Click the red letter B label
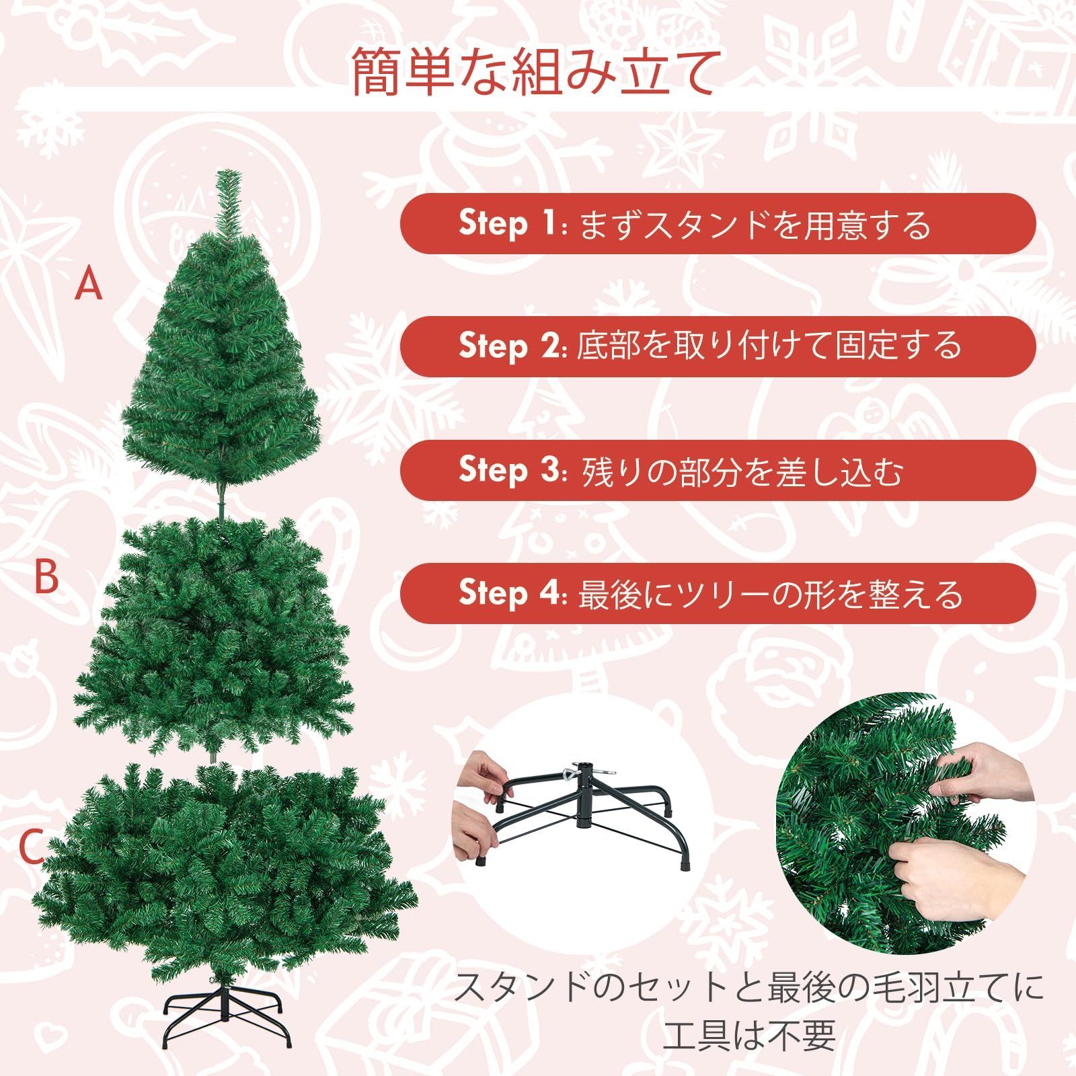coord(46,576)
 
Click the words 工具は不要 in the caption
coord(748,1036)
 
